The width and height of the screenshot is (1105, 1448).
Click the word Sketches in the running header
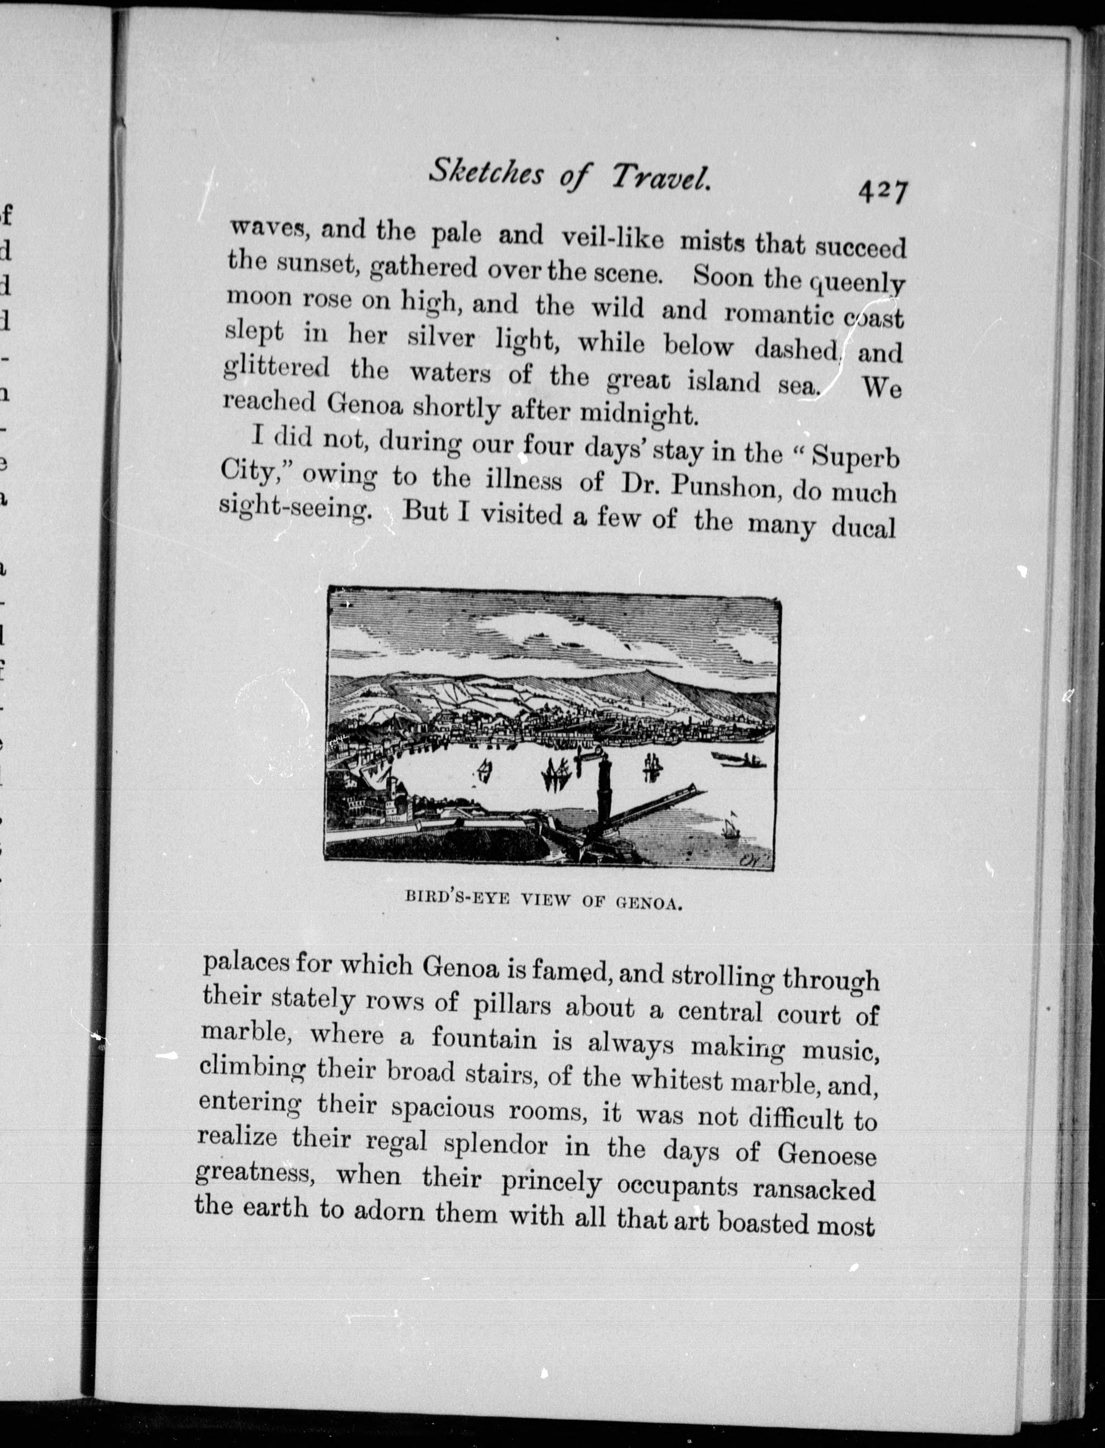pyautogui.click(x=487, y=173)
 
